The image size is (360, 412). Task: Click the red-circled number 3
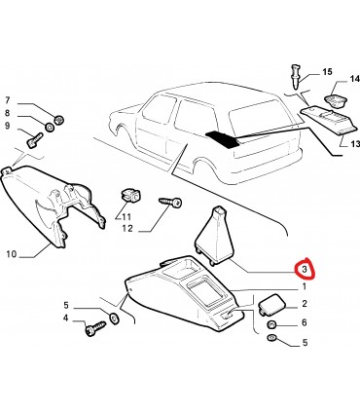305,269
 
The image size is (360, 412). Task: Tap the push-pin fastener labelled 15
296,77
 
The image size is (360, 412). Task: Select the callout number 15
327,71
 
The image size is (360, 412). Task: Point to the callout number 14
354,79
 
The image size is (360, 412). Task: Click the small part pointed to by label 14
336,100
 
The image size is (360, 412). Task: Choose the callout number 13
355,143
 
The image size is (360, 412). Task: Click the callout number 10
11,253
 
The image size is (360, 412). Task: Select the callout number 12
127,229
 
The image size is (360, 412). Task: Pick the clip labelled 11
129,196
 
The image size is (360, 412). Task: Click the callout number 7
7,100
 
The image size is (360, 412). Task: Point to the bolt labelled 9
34,140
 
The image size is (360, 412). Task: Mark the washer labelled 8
49,127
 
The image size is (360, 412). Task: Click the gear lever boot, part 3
213,237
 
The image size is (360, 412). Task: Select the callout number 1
304,286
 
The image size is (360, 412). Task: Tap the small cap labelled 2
271,304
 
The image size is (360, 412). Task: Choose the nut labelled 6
271,324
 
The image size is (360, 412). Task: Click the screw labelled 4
95,328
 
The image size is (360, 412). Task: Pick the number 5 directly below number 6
305,342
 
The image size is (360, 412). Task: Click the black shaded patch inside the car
224,139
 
